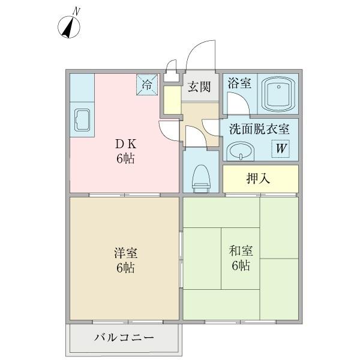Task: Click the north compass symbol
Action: [71, 26]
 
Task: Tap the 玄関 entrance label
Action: [199, 87]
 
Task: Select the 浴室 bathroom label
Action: [239, 83]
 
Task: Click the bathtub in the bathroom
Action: [278, 94]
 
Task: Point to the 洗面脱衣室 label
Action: [259, 128]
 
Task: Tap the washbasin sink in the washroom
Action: [241, 150]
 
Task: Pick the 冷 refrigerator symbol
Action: [147, 85]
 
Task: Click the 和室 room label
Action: [239, 251]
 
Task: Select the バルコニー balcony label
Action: [124, 337]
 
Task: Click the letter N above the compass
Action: [76, 10]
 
